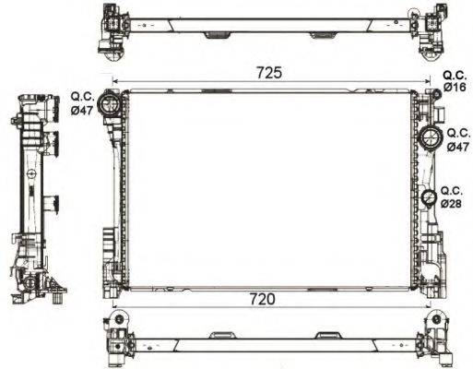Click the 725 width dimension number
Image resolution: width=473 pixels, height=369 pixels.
[x=268, y=72]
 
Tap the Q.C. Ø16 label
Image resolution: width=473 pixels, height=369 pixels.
[x=455, y=80]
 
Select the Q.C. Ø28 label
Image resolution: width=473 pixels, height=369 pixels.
[x=451, y=196]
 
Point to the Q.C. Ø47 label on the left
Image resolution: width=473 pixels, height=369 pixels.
[x=83, y=101]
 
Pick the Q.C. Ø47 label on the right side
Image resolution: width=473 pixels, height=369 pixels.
[x=456, y=140]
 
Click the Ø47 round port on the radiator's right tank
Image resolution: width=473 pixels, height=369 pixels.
[x=430, y=139]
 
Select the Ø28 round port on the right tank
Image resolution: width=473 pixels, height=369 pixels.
[x=429, y=198]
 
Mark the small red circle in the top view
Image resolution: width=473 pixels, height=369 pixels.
[x=415, y=13]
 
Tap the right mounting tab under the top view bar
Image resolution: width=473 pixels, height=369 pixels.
[x=321, y=36]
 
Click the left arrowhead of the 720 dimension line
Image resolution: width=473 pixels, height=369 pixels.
[x=114, y=307]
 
